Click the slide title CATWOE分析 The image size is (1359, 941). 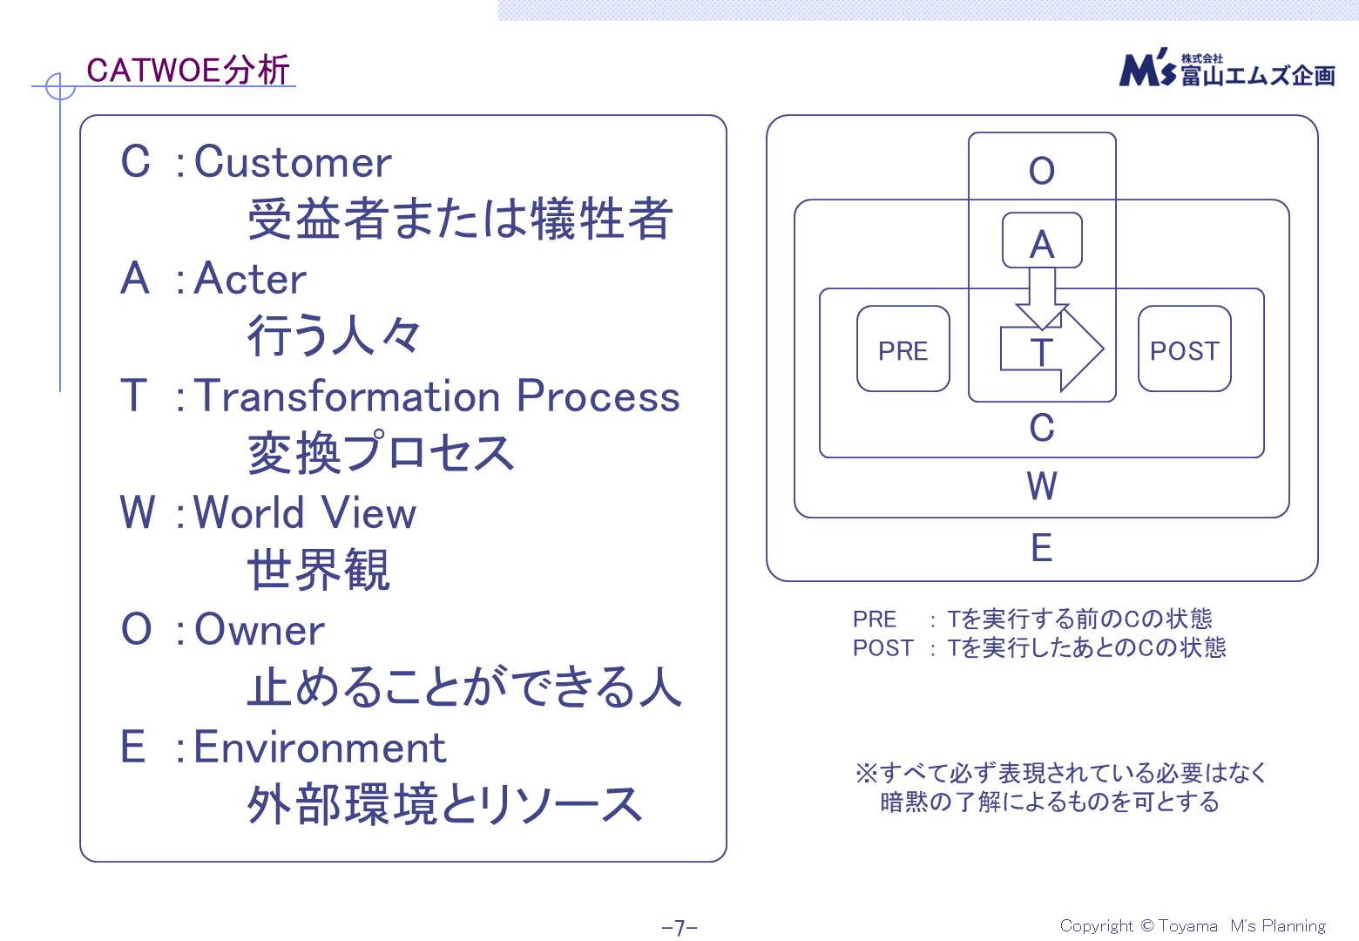coord(188,70)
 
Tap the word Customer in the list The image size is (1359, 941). coord(293,162)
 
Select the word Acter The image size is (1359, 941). coord(250,279)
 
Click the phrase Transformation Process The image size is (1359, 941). coord(436,396)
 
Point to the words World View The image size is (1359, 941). coord(304,512)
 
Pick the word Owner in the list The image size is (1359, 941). coord(260,629)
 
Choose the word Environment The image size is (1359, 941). coord(320,748)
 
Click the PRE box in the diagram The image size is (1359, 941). coord(903,349)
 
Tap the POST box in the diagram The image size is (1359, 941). coord(1184,349)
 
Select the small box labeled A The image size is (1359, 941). coord(1042,241)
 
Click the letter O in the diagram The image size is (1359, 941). coord(1042,171)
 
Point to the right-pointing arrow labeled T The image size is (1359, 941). coord(1052,350)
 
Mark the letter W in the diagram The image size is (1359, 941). coord(1042,486)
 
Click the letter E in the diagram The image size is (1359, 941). coord(1042,548)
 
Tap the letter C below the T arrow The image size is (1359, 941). coord(1042,428)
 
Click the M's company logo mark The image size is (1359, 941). coord(1148,69)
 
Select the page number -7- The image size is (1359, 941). coord(679,928)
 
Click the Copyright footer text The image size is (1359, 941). coord(1193,926)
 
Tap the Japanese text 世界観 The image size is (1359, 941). coord(319,571)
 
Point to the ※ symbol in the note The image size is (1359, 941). coord(866,773)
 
